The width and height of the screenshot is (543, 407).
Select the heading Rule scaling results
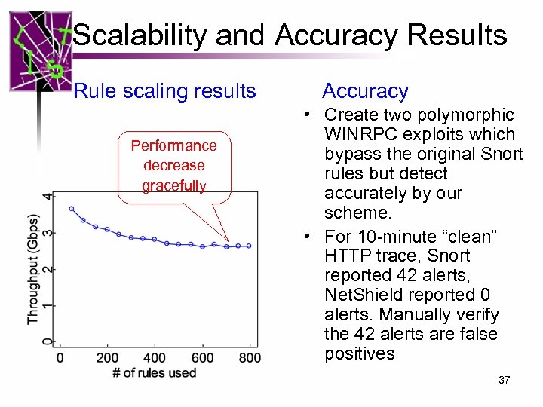[164, 91]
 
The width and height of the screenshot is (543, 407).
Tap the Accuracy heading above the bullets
[365, 91]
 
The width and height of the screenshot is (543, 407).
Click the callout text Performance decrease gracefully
[173, 165]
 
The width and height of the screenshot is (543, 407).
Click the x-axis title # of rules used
[154, 372]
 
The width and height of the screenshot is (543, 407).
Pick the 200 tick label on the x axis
[108, 357]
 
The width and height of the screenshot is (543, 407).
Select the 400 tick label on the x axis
[155, 357]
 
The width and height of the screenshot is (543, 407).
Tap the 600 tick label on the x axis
[202, 357]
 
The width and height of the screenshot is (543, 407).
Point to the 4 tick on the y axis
[49, 196]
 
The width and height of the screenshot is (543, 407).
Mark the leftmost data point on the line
[72, 209]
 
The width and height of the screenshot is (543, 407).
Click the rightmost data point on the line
[249, 246]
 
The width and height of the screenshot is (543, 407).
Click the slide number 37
[504, 380]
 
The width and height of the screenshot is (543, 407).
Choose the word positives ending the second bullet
[360, 353]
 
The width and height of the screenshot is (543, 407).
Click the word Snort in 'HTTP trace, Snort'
[448, 256]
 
